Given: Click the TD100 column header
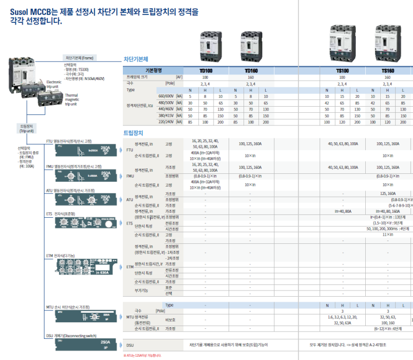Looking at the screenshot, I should (206, 71).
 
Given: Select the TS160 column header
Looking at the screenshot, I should (387, 71).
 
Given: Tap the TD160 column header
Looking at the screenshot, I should (251, 71).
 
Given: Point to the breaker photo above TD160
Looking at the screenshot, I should (251, 47).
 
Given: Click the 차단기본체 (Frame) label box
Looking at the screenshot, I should (80, 58).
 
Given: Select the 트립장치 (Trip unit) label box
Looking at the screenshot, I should (27, 129).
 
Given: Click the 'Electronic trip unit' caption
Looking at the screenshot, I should (53, 84).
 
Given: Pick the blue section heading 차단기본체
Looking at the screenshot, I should (135, 59).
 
